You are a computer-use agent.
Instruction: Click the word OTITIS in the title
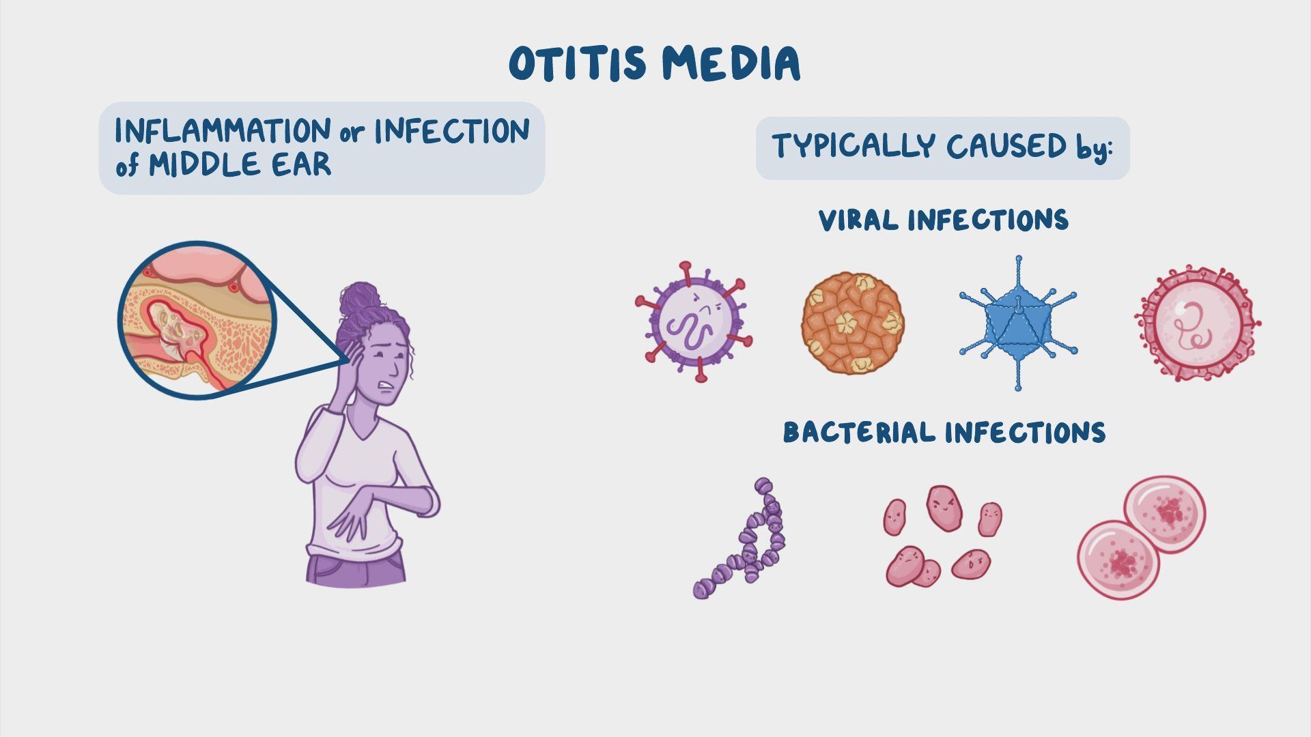(x=577, y=64)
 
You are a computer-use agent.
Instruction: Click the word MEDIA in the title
(x=731, y=64)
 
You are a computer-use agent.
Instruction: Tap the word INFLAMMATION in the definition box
(x=223, y=130)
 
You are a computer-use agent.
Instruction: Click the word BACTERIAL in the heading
(x=860, y=433)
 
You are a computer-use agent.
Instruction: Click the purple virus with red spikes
(x=694, y=321)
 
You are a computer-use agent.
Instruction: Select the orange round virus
(x=852, y=323)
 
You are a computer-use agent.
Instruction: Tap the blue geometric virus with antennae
(x=1017, y=323)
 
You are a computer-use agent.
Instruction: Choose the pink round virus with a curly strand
(x=1198, y=322)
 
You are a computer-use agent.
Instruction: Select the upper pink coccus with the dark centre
(x=1165, y=514)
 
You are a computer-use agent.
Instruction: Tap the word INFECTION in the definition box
(x=452, y=130)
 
